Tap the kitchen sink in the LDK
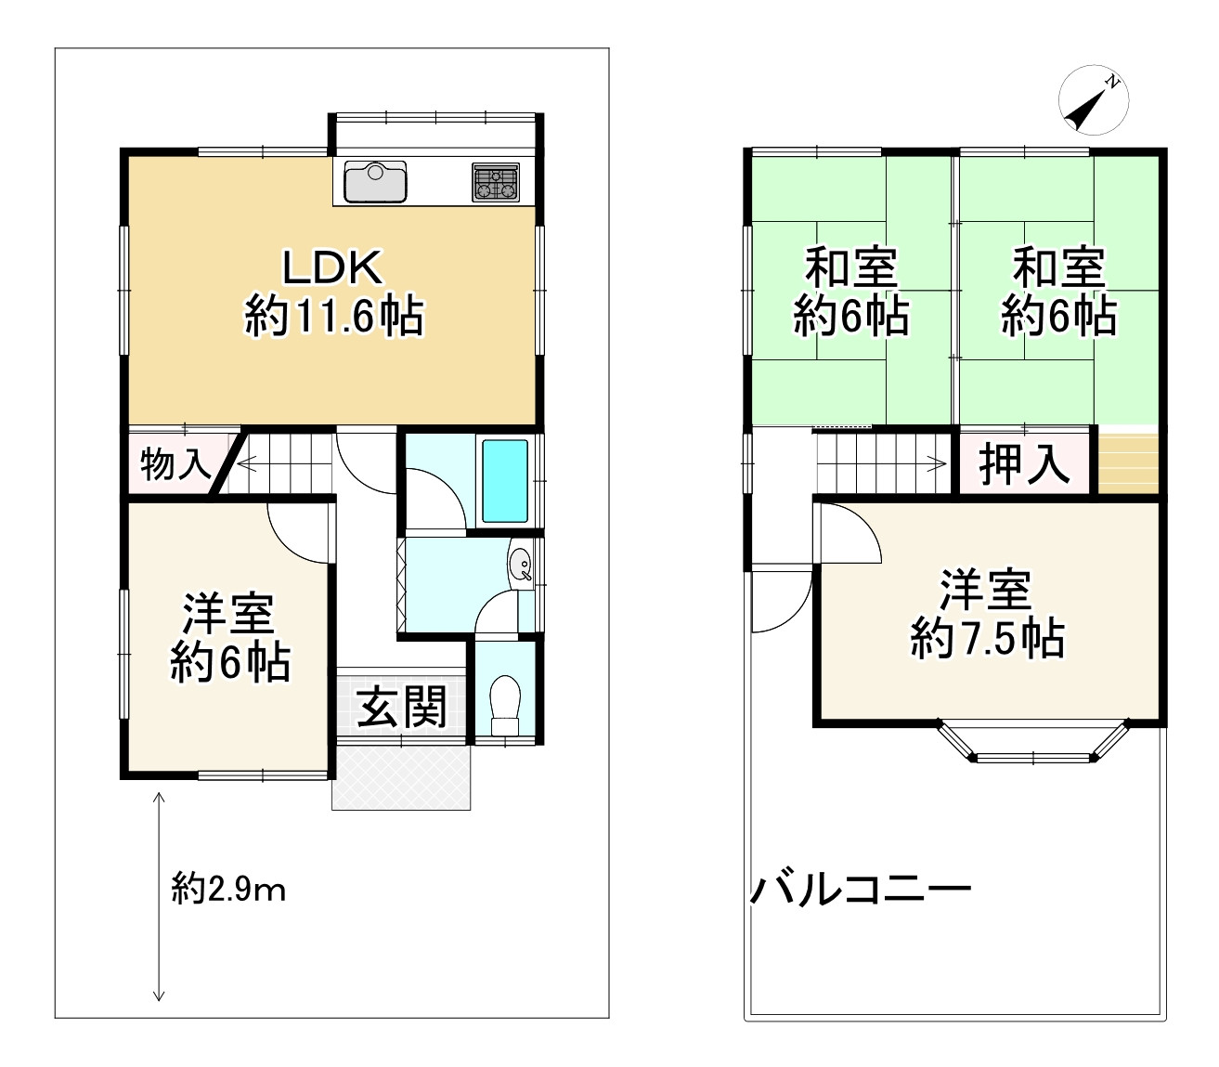point(375,181)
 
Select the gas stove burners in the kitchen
point(496,182)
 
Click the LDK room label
point(332,268)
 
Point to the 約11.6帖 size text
point(334,317)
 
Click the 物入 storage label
point(175,463)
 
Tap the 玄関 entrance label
point(403,707)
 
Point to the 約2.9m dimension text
point(228,891)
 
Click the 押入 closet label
point(1025,463)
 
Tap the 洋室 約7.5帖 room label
point(987,613)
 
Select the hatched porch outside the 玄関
point(402,777)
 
